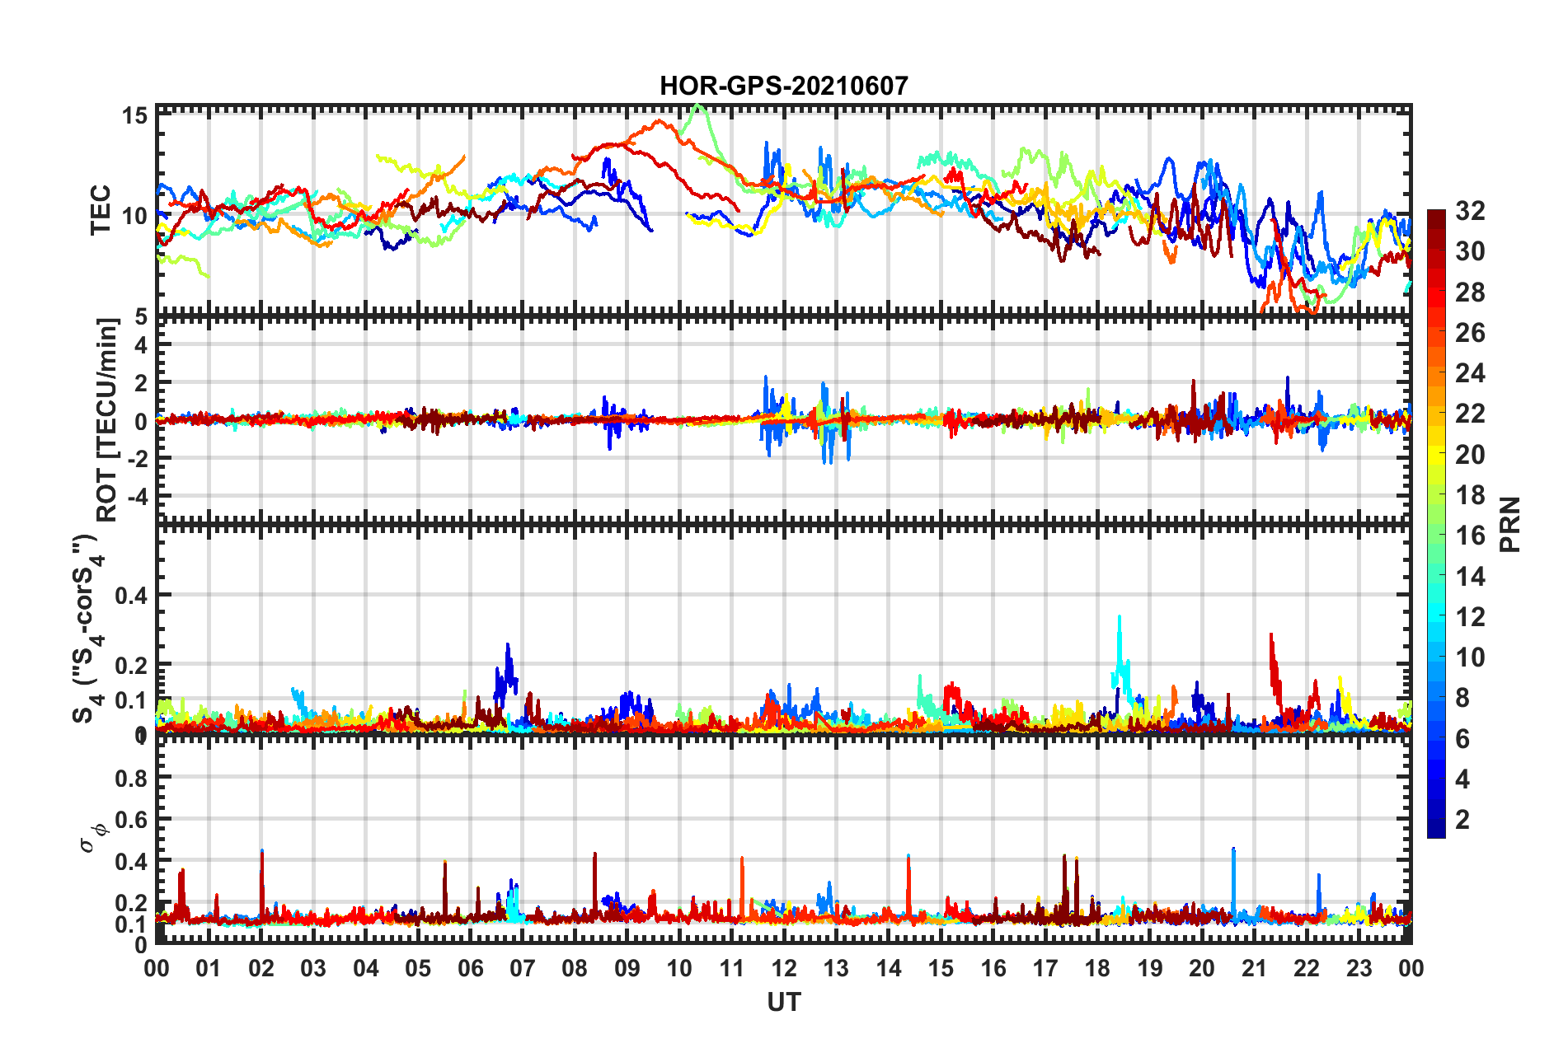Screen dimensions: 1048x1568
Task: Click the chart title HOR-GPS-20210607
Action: (x=783, y=86)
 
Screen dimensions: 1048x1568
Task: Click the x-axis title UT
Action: (x=783, y=1002)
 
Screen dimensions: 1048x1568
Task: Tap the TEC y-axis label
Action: (x=101, y=210)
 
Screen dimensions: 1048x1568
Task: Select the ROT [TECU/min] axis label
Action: (x=107, y=419)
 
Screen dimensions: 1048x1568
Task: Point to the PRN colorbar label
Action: (x=1509, y=524)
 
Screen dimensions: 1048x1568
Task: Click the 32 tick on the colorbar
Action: (x=1469, y=211)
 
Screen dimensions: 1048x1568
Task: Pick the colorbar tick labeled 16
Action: (x=1469, y=536)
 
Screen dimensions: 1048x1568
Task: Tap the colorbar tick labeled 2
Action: (x=1462, y=819)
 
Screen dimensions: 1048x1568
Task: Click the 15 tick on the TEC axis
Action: (x=135, y=115)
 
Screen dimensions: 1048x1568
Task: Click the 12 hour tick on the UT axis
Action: (x=784, y=968)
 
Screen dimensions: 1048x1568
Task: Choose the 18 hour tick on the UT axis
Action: (x=1097, y=968)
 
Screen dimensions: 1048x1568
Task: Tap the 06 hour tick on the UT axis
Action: (x=470, y=968)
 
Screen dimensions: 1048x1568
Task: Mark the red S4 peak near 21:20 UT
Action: (x=1271, y=636)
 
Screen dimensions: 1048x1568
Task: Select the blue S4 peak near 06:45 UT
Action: (x=508, y=646)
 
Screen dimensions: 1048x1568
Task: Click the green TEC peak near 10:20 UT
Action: (x=699, y=106)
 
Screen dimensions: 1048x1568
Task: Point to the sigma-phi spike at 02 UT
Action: (x=262, y=853)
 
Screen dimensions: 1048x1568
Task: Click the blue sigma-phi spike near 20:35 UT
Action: (x=1233, y=850)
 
